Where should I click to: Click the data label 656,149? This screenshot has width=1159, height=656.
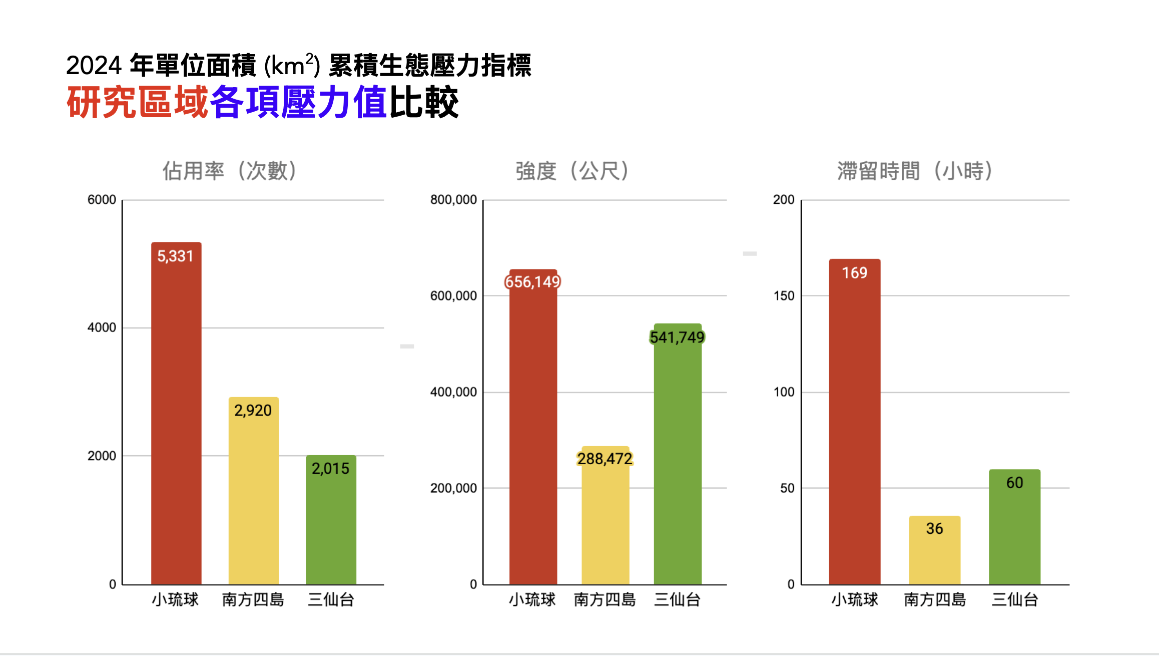click(x=532, y=282)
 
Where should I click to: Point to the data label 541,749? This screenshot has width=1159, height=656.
click(x=677, y=338)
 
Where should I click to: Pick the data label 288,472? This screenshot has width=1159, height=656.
click(x=605, y=459)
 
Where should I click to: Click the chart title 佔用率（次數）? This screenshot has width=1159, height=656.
click(x=230, y=171)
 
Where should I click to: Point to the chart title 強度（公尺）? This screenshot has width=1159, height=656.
click(x=572, y=171)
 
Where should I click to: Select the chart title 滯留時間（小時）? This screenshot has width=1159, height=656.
click(x=915, y=171)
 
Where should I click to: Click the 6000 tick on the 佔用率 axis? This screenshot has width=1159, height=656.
click(x=102, y=200)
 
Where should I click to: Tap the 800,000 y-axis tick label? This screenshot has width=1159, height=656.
click(x=453, y=200)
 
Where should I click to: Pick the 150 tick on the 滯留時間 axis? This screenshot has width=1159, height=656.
click(x=784, y=296)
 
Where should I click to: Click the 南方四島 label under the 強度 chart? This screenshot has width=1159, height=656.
click(x=605, y=599)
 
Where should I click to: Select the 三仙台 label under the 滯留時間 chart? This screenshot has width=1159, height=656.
click(x=1014, y=599)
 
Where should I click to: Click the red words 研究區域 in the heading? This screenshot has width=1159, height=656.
click(x=137, y=103)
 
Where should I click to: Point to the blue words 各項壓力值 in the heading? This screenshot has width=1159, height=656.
click(x=298, y=103)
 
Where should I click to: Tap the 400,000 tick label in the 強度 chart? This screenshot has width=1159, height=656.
click(x=453, y=392)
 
